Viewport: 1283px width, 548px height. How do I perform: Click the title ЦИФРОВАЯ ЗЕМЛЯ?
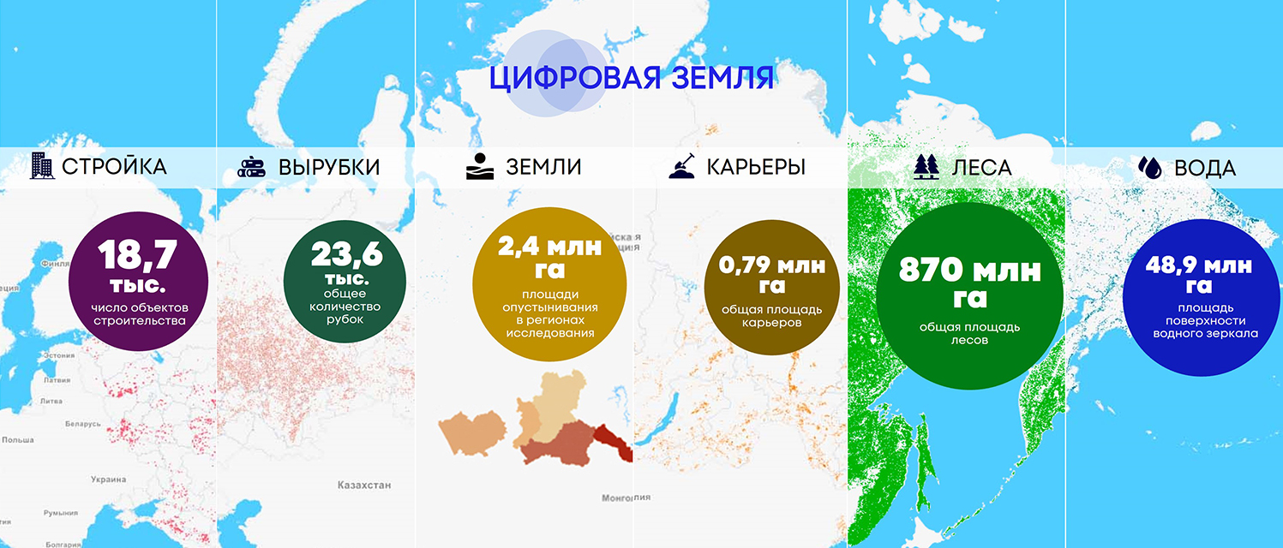click(633, 77)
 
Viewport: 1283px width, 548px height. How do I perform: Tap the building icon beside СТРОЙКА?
click(40, 166)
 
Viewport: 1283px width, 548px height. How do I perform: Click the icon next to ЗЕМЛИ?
click(480, 167)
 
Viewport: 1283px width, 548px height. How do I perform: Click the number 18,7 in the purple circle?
click(137, 254)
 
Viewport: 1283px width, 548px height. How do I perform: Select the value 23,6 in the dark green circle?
click(346, 254)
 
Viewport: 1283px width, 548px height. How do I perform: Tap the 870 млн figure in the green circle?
click(969, 271)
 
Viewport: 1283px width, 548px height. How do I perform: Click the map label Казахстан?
click(364, 485)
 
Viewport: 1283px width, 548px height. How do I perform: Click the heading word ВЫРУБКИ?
click(329, 167)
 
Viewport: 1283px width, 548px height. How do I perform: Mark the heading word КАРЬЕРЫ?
click(756, 167)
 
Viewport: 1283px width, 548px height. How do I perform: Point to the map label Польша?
click(17, 440)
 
